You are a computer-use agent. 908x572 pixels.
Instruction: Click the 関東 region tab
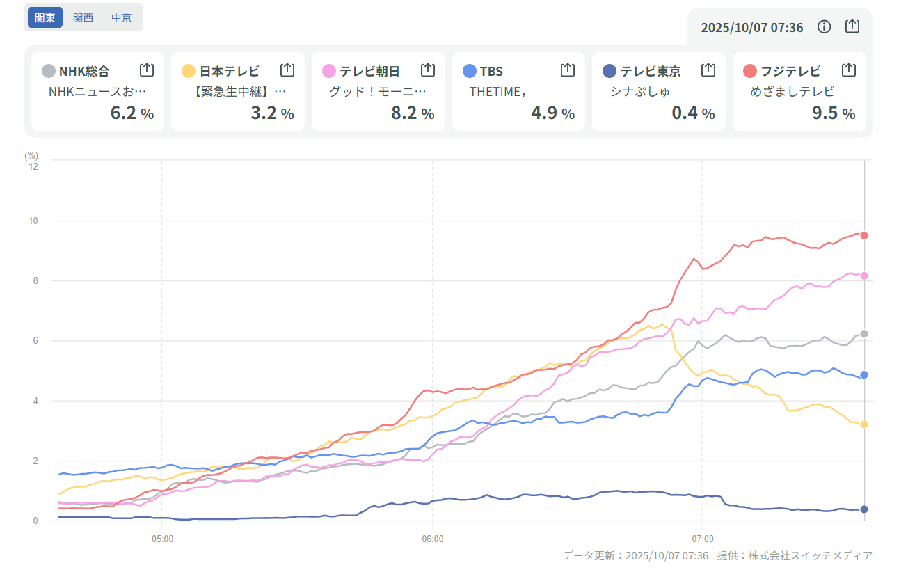point(45,17)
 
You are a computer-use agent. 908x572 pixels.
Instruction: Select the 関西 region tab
point(83,17)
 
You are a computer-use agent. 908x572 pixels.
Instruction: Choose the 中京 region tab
point(121,17)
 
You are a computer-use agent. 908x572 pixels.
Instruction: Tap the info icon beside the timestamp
point(825,27)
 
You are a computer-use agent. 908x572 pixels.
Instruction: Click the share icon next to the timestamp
point(852,26)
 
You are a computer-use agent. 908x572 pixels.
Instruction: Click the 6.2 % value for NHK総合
point(132,113)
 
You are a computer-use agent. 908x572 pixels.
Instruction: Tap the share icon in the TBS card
point(568,70)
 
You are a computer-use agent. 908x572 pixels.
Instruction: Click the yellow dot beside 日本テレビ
point(189,71)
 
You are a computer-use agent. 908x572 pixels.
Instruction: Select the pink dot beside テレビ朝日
point(329,71)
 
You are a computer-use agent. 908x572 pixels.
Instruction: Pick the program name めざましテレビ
point(792,91)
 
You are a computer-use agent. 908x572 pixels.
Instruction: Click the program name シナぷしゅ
point(640,91)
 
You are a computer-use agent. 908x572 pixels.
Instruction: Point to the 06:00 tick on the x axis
point(432,539)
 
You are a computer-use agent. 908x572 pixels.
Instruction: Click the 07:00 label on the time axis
point(702,539)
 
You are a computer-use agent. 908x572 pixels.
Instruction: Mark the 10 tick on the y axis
point(33,221)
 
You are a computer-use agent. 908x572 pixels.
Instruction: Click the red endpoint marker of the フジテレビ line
point(864,235)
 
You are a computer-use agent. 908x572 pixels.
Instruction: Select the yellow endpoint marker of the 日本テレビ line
point(864,424)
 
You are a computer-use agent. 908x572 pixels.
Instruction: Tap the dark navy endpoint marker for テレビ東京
point(864,509)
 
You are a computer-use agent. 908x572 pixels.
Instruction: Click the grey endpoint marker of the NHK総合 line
point(864,334)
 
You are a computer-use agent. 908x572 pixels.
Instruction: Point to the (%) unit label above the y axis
point(31,155)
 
